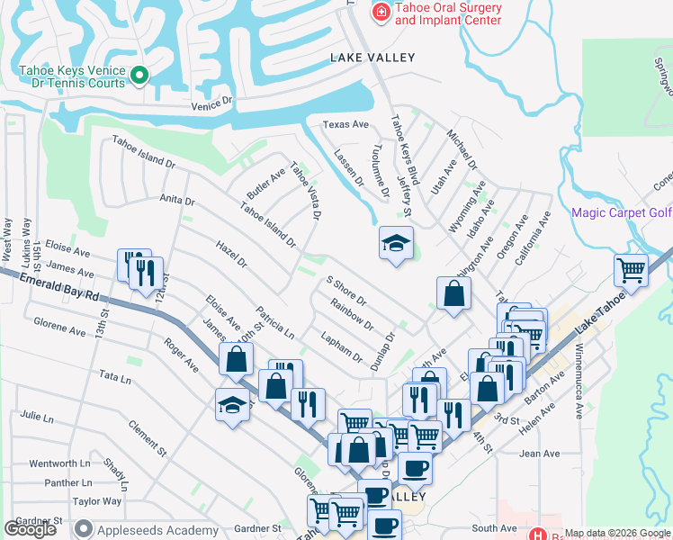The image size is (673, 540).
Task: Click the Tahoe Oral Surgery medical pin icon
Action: tap(381, 12)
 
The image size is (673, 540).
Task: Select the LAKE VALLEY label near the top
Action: tap(372, 58)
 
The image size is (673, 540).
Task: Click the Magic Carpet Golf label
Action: tap(622, 212)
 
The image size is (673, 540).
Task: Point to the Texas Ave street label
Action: tap(346, 124)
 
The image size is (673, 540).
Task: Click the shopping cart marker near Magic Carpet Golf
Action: tap(632, 269)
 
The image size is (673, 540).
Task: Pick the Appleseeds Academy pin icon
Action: tap(84, 529)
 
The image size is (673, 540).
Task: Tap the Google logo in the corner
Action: tap(30, 529)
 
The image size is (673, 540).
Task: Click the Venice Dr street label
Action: tap(211, 105)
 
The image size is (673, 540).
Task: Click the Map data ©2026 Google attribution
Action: tap(618, 533)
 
